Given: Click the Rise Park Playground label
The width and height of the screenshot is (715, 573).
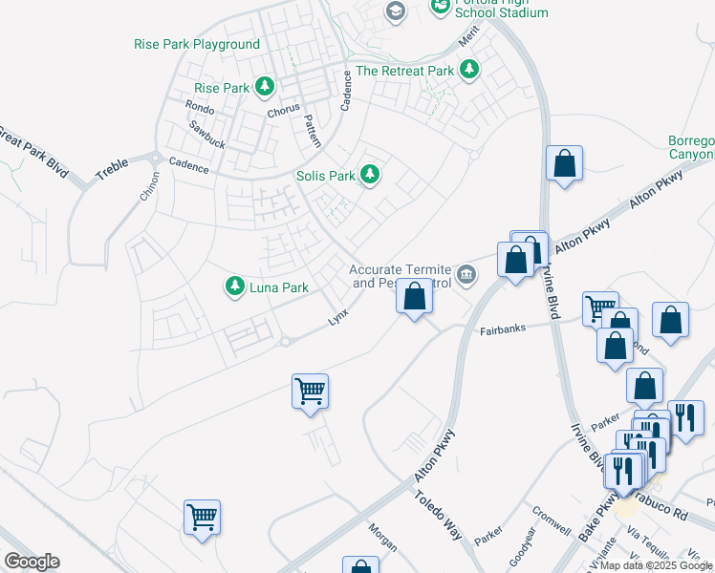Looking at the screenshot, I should [197, 45].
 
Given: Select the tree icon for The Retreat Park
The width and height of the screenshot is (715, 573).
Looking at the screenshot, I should [468, 70].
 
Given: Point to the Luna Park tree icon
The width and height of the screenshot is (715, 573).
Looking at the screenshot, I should [234, 286].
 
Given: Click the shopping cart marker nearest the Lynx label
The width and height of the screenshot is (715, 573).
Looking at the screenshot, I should [310, 391].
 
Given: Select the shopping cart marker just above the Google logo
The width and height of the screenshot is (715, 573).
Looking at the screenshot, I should [203, 518].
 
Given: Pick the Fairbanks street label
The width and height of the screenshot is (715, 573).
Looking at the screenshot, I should [502, 330].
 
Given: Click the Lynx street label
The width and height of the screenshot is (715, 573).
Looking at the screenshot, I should [338, 316].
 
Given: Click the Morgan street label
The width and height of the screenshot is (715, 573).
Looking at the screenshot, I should [381, 541].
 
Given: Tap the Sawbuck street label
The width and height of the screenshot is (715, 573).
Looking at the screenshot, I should [206, 133].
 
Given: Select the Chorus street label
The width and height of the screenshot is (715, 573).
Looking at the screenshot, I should [284, 110].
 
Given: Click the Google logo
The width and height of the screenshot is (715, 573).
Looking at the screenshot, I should [32, 562].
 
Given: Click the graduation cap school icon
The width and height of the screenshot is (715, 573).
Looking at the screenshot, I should [394, 11].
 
